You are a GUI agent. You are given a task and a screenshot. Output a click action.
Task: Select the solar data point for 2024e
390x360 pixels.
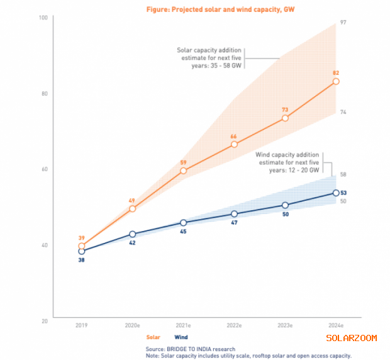pyautogui.click(x=336, y=81)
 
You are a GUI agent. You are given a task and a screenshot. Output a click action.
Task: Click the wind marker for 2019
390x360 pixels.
pyautogui.click(x=81, y=251)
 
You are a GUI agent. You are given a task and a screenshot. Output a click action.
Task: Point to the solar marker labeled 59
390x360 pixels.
pyautogui.click(x=183, y=171)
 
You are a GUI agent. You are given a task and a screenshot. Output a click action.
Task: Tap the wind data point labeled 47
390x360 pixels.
pyautogui.click(x=234, y=214)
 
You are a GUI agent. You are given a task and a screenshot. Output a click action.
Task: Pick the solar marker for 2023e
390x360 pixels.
pyautogui.click(x=285, y=118)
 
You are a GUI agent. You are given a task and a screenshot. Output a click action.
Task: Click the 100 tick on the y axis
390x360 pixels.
pyautogui.click(x=43, y=17)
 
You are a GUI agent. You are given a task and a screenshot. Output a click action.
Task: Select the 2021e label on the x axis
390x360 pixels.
pyautogui.click(x=183, y=325)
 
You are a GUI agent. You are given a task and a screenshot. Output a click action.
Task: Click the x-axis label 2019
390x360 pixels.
pyautogui.click(x=81, y=325)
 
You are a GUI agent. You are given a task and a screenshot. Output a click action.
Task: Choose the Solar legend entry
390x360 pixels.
pyautogui.click(x=153, y=337)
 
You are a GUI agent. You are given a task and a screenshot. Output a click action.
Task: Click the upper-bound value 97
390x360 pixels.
pyautogui.click(x=344, y=22)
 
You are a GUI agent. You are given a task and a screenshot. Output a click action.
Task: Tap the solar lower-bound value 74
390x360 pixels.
pyautogui.click(x=344, y=112)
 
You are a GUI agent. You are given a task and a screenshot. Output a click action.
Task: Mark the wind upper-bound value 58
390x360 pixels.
pyautogui.click(x=344, y=174)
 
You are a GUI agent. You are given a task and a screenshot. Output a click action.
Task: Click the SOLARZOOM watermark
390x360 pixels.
pyautogui.click(x=351, y=338)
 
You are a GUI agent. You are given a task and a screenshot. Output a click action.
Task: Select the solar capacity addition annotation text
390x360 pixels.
pyautogui.click(x=209, y=58)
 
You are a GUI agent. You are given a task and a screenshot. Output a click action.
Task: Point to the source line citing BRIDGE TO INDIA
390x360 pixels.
pyautogui.click(x=191, y=349)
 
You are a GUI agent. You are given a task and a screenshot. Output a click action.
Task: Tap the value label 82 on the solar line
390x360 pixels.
pyautogui.click(x=336, y=73)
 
